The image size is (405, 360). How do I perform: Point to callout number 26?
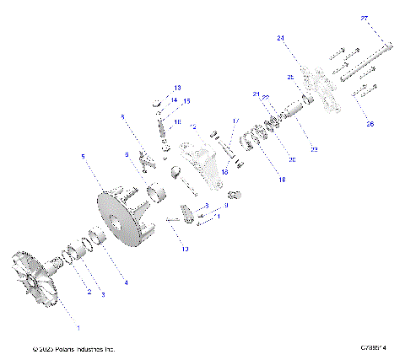point(368,124)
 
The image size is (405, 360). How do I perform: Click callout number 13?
point(178,88)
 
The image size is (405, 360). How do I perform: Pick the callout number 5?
point(82,156)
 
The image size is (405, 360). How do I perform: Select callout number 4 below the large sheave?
point(127,282)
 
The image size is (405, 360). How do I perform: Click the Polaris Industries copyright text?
point(73,349)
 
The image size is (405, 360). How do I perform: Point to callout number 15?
point(186,100)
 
